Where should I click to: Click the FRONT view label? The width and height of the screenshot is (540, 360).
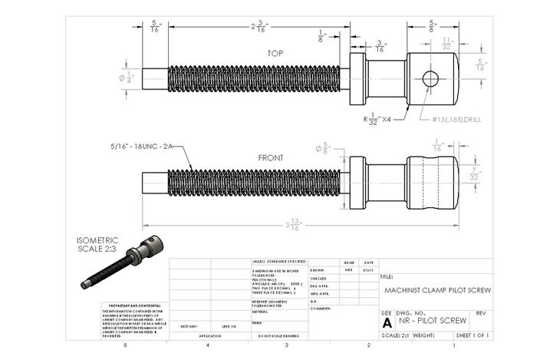(270, 158)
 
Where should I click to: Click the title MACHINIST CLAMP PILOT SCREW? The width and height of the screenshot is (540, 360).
(436, 290)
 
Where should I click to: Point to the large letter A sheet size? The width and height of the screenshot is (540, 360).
(387, 323)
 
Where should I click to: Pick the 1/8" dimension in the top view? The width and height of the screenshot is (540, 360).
(322, 35)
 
